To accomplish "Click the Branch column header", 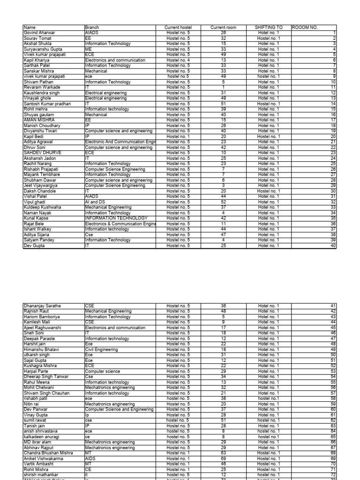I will [x=92, y=28].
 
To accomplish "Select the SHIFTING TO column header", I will [x=268, y=28].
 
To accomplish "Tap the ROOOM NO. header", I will [x=305, y=28].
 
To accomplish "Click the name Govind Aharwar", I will [x=39, y=33].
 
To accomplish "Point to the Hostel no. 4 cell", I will [x=178, y=60].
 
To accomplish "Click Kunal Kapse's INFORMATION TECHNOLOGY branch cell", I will [x=116, y=218].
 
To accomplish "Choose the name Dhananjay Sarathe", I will [x=43, y=306].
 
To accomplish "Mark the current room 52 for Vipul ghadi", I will [x=223, y=202].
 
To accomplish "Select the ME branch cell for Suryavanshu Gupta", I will [x=89, y=49].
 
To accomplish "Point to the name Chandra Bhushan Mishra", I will [x=48, y=453].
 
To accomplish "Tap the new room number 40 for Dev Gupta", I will [x=333, y=246].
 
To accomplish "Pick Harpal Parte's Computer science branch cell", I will [x=102, y=371].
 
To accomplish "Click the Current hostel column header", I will [x=178, y=28].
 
